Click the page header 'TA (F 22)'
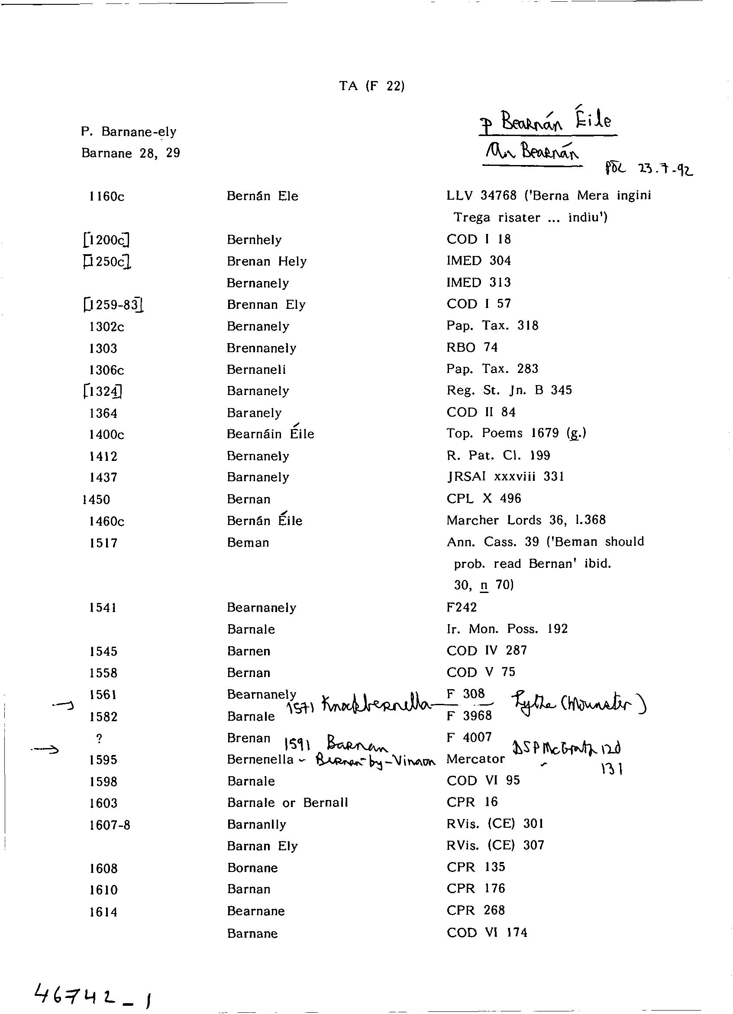coord(371,85)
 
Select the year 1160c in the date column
coord(107,196)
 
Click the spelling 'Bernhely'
coord(254,240)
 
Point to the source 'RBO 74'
coord(471,347)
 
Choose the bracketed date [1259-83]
coord(113,305)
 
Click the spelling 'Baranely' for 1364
coord(254,413)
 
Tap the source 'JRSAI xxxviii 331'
coord(505,476)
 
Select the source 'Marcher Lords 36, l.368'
coord(526,520)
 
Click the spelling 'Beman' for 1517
coord(248,543)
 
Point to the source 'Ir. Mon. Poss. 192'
coord(507,629)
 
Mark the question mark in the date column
coord(99,739)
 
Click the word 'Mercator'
coord(475,759)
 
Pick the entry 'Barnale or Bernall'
coord(287,803)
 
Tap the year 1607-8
coord(110,825)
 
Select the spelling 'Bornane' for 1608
coord(252,868)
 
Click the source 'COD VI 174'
coord(486,933)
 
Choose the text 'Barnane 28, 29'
coord(130,153)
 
